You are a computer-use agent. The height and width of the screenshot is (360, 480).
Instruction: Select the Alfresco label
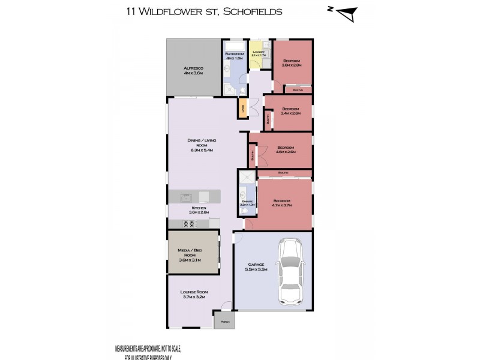[193, 71]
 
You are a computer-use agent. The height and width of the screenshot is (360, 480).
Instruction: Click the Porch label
[225, 322]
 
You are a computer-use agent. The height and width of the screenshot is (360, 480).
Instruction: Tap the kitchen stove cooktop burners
[187, 224]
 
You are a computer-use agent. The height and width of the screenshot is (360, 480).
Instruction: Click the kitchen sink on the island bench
[185, 197]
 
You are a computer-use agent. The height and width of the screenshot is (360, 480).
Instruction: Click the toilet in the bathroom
[241, 91]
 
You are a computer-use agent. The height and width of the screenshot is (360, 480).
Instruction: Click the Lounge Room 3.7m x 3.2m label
[193, 295]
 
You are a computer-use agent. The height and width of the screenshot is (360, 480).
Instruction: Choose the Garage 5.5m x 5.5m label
[256, 268]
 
